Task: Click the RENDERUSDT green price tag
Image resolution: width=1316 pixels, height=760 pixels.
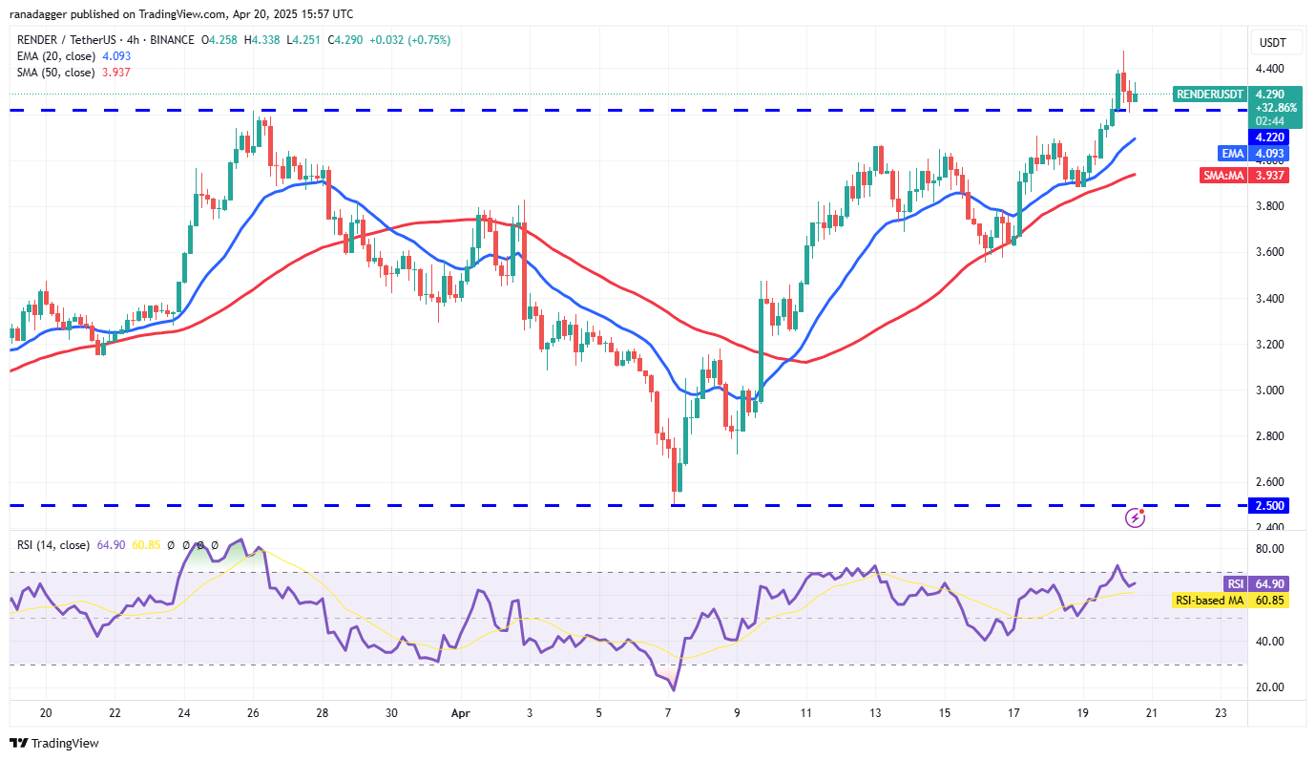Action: tap(1209, 95)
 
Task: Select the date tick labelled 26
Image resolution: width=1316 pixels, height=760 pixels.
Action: tap(253, 713)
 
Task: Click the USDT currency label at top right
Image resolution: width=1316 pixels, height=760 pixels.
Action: tap(1273, 43)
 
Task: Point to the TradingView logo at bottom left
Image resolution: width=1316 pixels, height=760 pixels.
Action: tap(54, 743)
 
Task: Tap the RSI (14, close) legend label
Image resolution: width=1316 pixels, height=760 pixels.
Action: tap(52, 545)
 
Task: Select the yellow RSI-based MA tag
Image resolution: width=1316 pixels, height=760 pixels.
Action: tap(1209, 600)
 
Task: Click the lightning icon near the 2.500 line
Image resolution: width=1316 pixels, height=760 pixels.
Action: tap(1136, 517)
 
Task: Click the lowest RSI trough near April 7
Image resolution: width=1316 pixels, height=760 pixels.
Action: tap(674, 689)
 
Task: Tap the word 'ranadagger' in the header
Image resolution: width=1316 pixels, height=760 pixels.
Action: tap(40, 14)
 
